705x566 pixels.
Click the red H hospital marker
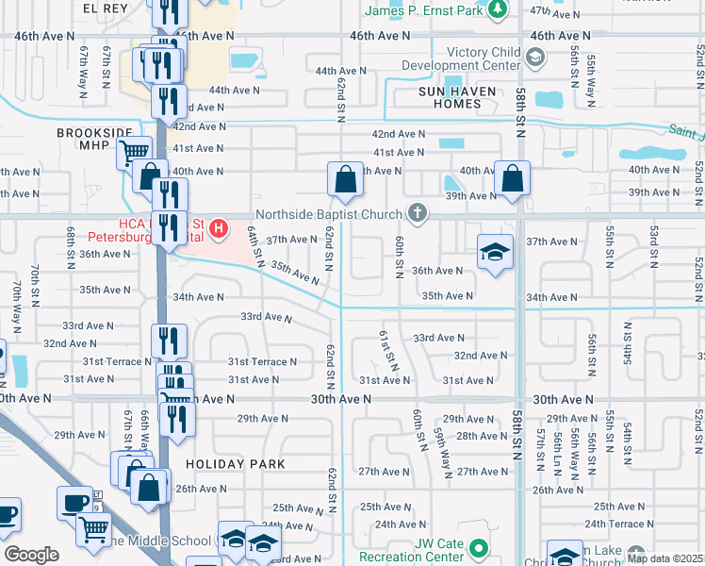tap(220, 227)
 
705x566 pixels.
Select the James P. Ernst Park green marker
tap(499, 9)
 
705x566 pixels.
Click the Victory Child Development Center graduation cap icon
tap(535, 58)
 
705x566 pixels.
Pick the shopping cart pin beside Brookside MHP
tap(135, 151)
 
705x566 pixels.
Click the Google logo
tap(31, 554)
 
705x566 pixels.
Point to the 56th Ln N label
tap(559, 443)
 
